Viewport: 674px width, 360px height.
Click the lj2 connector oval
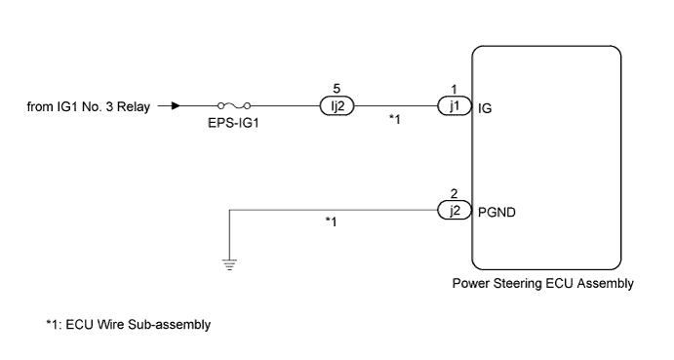(x=337, y=107)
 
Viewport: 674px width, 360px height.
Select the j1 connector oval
(x=453, y=107)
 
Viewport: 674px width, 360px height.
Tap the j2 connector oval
(x=453, y=208)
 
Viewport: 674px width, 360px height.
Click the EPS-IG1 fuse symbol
(x=239, y=107)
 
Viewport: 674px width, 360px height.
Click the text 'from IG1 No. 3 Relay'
(x=89, y=107)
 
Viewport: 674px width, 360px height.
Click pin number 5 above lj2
(x=337, y=90)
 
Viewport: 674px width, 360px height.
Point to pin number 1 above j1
(x=453, y=90)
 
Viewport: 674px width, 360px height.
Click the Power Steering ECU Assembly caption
(x=544, y=285)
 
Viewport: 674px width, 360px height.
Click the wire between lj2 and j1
(x=395, y=107)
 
